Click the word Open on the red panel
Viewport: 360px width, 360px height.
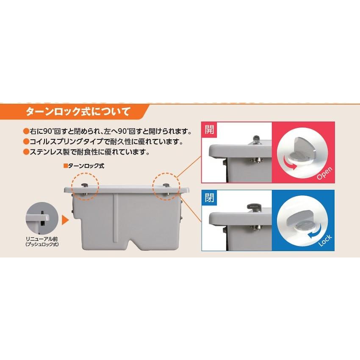click(x=324, y=173)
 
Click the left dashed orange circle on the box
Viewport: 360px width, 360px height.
click(x=85, y=186)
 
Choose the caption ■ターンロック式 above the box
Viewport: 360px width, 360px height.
click(x=83, y=166)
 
